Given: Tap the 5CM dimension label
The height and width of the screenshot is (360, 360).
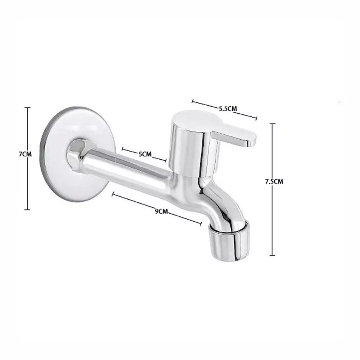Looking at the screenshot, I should tap(145, 154).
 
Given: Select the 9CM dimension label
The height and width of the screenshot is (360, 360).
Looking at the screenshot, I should tap(161, 211).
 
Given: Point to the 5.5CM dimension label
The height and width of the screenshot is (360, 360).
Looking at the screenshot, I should tap(228, 108).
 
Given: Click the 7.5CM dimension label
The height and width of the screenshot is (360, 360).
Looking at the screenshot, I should tap(274, 181).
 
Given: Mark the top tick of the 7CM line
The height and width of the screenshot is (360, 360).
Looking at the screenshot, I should tap(27, 107).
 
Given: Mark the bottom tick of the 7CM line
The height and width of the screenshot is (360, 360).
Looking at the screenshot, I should tap(27, 209).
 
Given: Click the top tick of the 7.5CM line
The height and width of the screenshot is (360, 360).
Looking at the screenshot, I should tap(272, 124).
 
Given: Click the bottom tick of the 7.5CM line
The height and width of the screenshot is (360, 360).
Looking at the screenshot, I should tap(272, 255).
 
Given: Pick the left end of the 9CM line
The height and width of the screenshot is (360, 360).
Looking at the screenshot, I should tap(113, 194).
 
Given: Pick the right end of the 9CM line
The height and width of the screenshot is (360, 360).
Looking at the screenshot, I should tap(201, 223).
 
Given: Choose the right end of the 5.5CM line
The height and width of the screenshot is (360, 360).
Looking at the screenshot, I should tap(256, 118).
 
